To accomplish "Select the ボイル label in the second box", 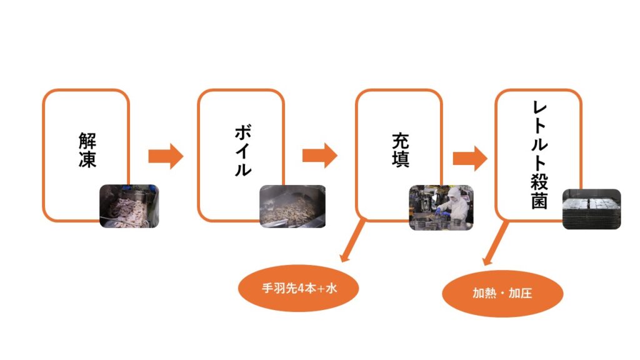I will [x=242, y=151].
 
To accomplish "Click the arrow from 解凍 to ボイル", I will [x=166, y=156].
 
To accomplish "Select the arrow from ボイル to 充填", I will [x=319, y=156].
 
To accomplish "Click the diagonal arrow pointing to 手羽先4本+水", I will [x=351, y=241].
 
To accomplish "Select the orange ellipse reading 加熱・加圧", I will [x=502, y=293].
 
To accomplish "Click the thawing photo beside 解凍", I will [x=129, y=206].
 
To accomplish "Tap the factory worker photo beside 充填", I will [x=441, y=207].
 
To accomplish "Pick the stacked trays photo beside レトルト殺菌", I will [x=591, y=209].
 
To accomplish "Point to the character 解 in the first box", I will [x=87, y=139].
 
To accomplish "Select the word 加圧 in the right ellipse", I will [x=520, y=293].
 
